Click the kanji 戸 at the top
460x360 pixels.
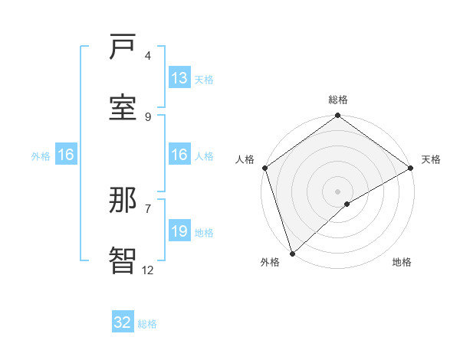[123, 47]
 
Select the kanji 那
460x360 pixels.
[123, 201]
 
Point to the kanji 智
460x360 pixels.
[123, 260]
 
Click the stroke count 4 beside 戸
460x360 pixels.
[148, 56]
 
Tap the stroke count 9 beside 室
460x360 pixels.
[148, 116]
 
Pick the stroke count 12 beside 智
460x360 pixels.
[148, 269]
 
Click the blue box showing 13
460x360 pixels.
[179, 78]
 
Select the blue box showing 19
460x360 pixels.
[179, 231]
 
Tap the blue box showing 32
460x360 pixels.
[123, 322]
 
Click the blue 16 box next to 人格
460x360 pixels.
[179, 155]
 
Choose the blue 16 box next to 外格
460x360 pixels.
[66, 155]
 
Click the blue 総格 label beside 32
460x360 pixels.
[147, 324]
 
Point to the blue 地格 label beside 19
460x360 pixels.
[204, 233]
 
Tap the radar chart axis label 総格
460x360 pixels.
[338, 100]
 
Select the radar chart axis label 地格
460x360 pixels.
[402, 263]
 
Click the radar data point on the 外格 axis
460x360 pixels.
[292, 253]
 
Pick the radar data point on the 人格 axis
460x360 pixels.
[264, 168]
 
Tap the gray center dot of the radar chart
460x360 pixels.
[338, 191]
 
